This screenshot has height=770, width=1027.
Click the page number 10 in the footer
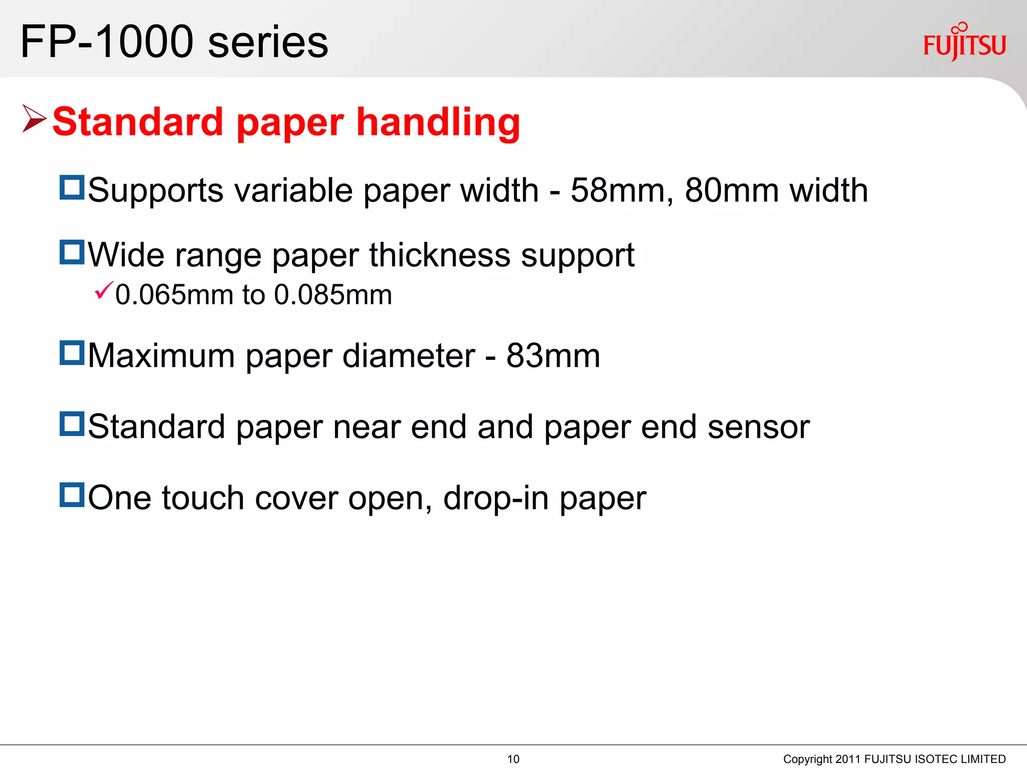coord(513,759)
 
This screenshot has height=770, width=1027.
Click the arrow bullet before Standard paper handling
coord(34,119)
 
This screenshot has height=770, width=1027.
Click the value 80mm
coord(731,191)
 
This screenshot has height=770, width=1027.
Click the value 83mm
coord(553,356)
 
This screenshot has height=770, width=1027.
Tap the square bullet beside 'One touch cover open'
coord(72,495)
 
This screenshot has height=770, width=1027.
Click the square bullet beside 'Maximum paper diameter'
coord(72,352)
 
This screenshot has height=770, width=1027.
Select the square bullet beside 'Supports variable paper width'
coord(72,187)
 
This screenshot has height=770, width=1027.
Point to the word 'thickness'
coord(440,255)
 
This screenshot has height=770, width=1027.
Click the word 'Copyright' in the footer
coord(807,759)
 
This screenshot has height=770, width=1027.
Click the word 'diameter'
coord(408,356)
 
